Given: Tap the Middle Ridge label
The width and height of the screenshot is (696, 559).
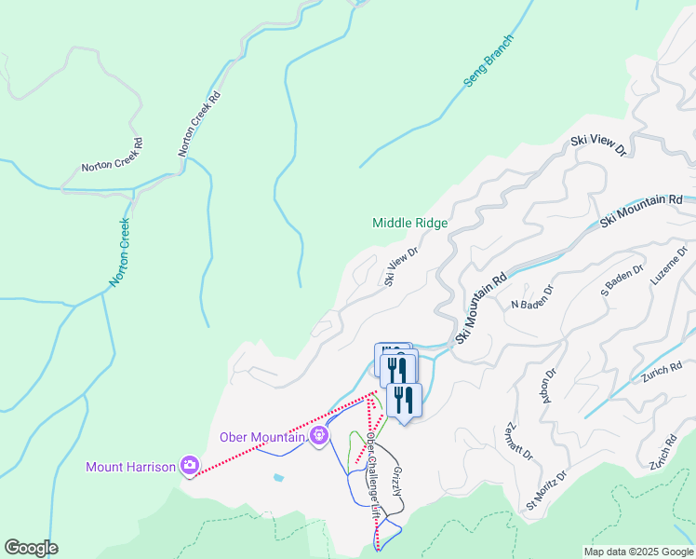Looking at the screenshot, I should point(410,224).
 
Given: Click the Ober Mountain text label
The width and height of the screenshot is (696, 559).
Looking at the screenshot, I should point(263,436).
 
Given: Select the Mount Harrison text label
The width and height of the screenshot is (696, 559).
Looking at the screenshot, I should point(130,467).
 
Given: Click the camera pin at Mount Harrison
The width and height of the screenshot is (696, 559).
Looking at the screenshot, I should point(190,465).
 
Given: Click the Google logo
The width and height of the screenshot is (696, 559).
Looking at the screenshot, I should point(31,548).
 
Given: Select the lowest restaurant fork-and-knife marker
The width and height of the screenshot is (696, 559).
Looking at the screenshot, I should point(404,400).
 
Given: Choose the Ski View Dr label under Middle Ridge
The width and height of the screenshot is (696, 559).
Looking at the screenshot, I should point(402,266).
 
